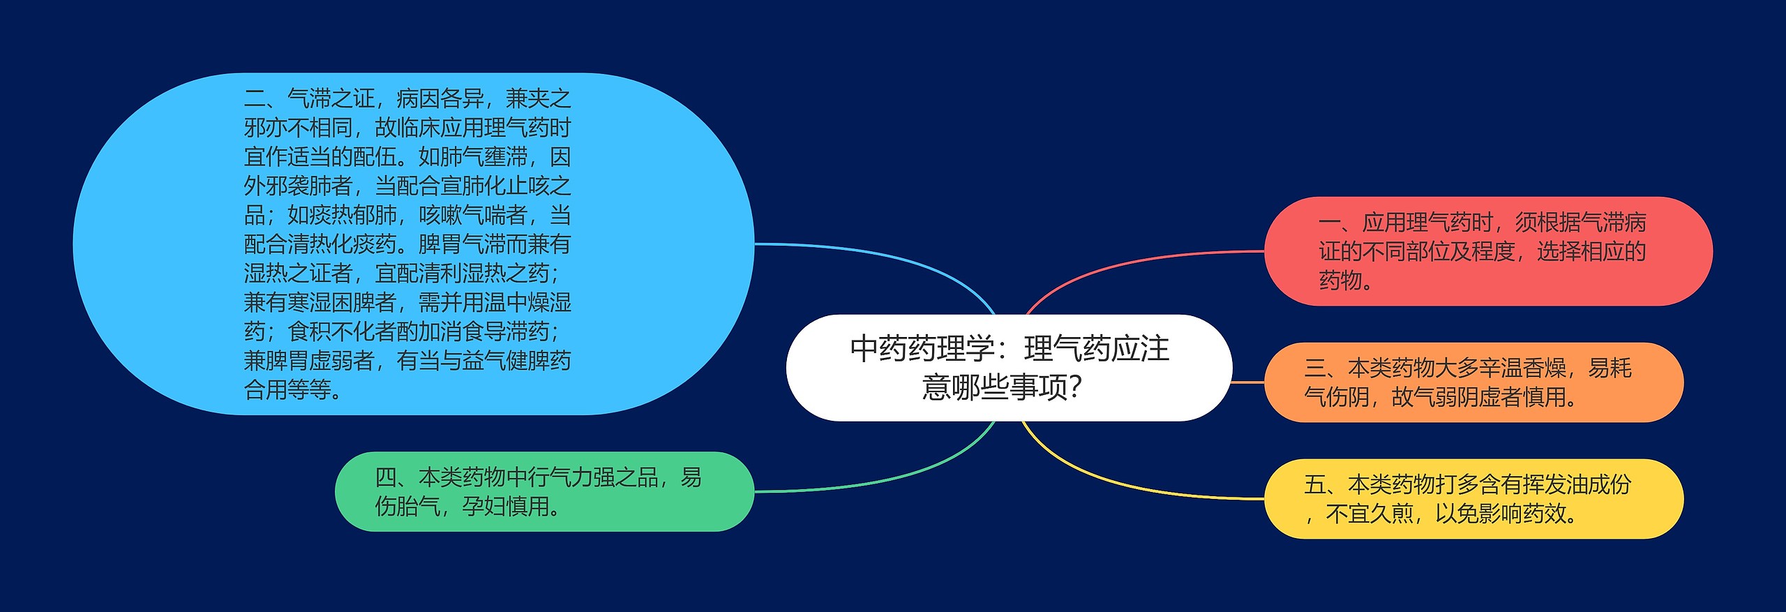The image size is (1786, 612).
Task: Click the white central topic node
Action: [x=1009, y=368]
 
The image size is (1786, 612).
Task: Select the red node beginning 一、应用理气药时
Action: [x=1488, y=251]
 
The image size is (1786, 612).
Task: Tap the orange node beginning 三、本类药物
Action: [x=1473, y=382]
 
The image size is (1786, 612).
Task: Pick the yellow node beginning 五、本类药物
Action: [x=1473, y=499]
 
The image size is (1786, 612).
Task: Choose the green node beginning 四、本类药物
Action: [x=544, y=491]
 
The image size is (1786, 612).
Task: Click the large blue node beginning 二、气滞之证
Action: [x=414, y=244]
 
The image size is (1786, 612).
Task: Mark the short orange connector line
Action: [x=1248, y=382]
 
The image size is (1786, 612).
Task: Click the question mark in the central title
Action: [x=1075, y=387]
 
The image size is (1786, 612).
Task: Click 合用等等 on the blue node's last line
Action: [x=287, y=389]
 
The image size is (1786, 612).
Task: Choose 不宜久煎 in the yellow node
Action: [x=1369, y=514]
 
